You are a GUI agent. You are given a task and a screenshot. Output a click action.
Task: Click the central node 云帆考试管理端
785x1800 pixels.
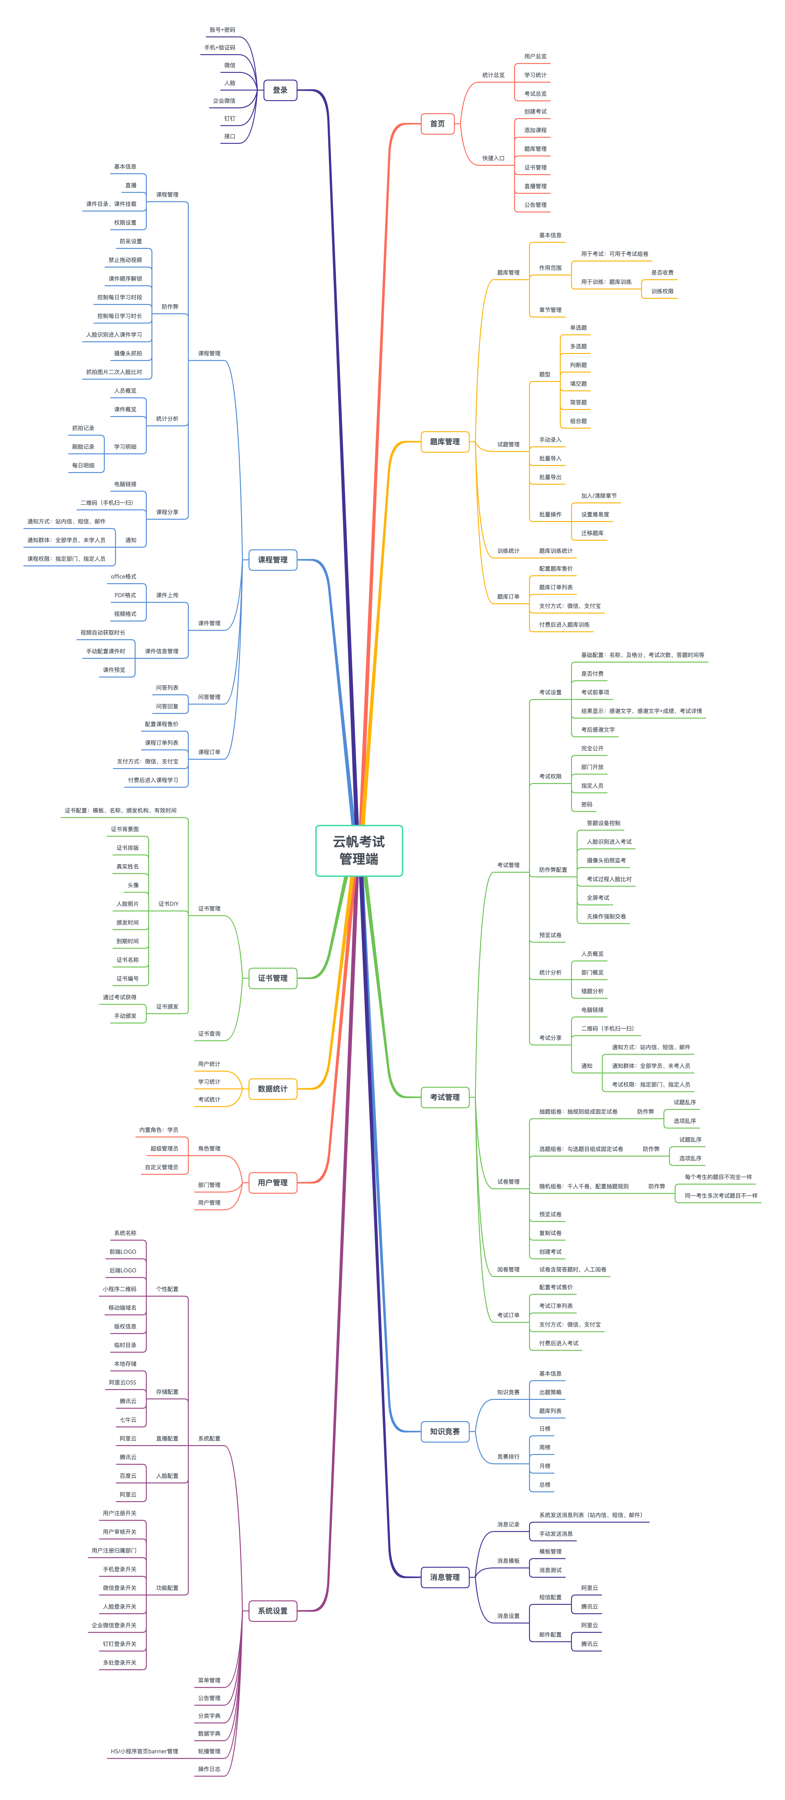(x=359, y=850)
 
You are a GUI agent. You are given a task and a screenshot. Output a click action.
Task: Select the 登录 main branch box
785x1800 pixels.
(x=280, y=90)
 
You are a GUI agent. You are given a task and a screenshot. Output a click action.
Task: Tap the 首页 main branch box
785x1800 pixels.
(x=437, y=124)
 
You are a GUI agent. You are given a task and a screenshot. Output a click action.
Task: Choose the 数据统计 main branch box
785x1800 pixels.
(x=272, y=1089)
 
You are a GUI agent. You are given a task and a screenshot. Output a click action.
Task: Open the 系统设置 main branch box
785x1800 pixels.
(x=272, y=1611)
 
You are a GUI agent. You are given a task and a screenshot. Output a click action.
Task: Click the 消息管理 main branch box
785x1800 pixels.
(x=445, y=1577)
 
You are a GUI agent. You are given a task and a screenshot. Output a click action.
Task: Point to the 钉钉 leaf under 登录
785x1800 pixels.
(x=230, y=119)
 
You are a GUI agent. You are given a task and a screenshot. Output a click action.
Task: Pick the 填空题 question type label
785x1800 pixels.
(x=578, y=384)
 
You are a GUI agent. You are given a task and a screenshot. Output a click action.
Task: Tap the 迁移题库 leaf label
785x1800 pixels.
(x=592, y=533)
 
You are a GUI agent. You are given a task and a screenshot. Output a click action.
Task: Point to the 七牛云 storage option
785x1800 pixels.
(x=128, y=1420)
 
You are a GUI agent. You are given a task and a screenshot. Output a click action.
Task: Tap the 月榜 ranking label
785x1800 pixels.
(x=545, y=1466)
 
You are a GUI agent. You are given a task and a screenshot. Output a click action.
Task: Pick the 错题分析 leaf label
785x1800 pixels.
(x=592, y=991)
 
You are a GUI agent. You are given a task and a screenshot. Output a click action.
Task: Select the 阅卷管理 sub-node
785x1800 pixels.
(x=508, y=1270)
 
